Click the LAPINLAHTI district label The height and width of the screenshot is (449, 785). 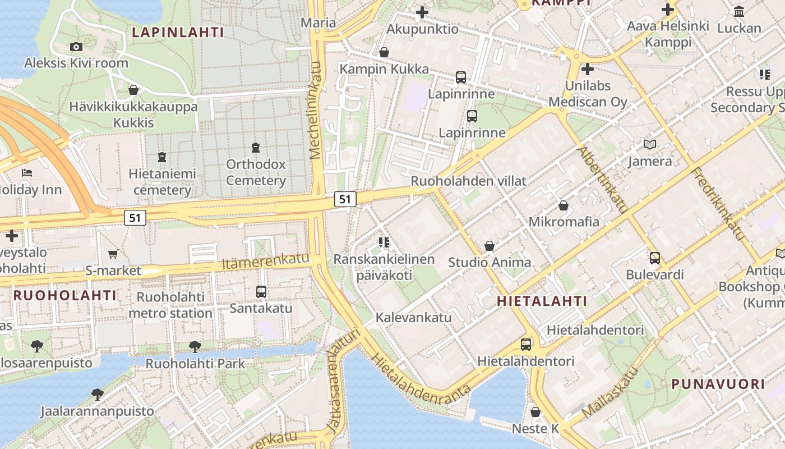(178, 33)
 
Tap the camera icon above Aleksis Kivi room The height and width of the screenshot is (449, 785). (76, 47)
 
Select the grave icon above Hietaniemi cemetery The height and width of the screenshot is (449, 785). (162, 157)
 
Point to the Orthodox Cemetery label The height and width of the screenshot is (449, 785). (256, 172)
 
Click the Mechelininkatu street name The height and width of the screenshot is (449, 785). (316, 110)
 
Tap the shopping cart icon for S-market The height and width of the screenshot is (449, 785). (113, 254)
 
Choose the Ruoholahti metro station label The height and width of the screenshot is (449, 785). (170, 305)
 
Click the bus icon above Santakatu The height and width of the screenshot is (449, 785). (261, 292)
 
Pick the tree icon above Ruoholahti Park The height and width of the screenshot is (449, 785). (195, 347)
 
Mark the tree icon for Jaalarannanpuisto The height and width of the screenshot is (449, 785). (97, 395)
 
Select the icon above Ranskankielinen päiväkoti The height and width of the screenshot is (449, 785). (384, 242)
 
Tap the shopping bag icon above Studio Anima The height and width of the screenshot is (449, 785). (490, 246)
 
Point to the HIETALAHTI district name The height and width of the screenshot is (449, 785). (542, 301)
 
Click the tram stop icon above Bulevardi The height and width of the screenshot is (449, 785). (654, 258)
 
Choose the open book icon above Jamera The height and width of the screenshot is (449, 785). (650, 145)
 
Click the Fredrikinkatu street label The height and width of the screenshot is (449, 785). (717, 204)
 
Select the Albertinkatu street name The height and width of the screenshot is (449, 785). (603, 180)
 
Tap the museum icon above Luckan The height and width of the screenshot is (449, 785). (739, 12)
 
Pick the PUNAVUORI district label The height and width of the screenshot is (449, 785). (718, 384)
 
